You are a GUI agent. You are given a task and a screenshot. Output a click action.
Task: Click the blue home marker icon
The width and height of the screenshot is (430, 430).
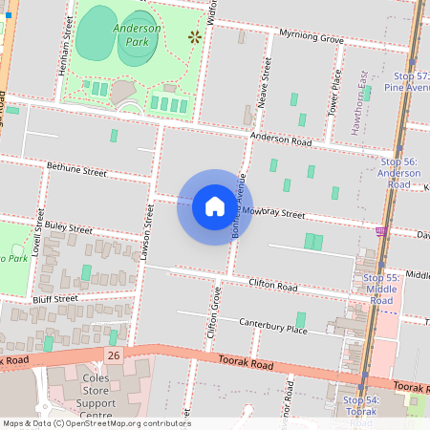pyautogui.click(x=214, y=206)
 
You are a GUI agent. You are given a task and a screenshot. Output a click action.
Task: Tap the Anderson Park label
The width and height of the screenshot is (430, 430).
pyautogui.click(x=137, y=35)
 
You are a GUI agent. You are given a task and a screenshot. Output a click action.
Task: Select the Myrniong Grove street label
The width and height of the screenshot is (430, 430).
pyautogui.click(x=311, y=37)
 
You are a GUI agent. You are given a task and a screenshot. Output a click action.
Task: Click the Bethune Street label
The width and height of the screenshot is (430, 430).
pyautogui.click(x=76, y=170)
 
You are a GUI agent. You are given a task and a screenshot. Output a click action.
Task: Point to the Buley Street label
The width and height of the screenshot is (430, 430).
pyautogui.click(x=67, y=228)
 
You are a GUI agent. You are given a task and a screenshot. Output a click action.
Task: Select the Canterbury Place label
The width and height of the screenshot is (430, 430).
pyautogui.click(x=272, y=328)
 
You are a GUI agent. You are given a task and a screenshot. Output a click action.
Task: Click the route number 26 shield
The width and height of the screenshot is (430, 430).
pyautogui.click(x=115, y=355)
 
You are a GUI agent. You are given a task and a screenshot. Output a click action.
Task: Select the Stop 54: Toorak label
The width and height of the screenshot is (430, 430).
pyautogui.click(x=361, y=405)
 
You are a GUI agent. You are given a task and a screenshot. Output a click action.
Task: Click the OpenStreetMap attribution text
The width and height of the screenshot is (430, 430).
pyautogui.click(x=96, y=423)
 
